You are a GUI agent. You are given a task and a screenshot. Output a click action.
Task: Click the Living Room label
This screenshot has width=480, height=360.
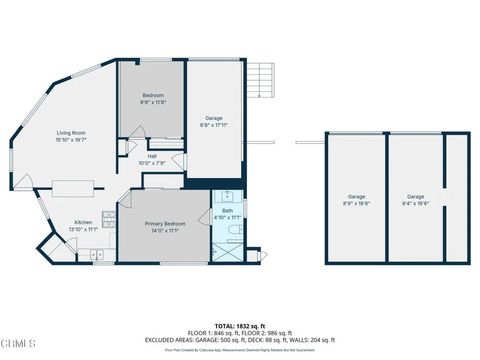pos(70,133)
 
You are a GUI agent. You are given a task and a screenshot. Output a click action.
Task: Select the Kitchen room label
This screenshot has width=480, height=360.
pos(84,223)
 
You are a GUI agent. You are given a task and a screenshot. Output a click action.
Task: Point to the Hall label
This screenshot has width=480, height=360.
pos(153,156)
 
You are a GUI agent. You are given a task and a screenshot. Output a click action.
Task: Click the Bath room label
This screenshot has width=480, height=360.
pos(227,211)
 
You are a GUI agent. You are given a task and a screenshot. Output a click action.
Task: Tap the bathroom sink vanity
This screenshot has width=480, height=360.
pos(227,195)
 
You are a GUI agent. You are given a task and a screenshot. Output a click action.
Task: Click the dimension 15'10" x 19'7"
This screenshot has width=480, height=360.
pos(70,141)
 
